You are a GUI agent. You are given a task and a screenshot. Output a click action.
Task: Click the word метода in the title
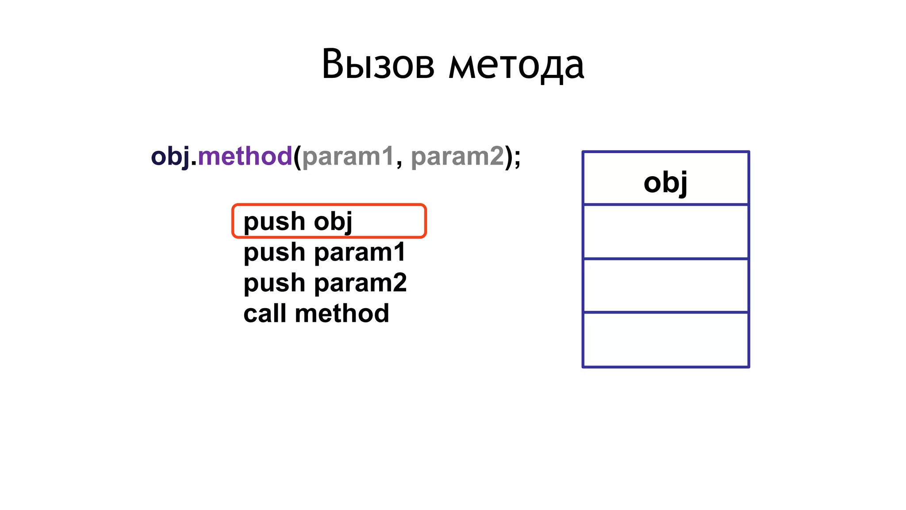pos(517,66)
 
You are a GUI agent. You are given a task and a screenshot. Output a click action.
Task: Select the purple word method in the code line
pos(245,156)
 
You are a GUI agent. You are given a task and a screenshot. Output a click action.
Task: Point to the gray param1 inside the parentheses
pos(348,156)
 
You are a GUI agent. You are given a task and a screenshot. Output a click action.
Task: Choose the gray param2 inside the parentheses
pos(457,156)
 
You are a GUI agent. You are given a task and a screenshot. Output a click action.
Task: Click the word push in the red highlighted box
pos(274,221)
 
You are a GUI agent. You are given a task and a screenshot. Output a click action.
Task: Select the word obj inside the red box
pos(333,221)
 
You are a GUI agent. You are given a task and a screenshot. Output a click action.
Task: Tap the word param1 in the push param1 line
pos(360,253)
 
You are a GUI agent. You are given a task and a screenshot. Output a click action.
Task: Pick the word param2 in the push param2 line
pos(360,283)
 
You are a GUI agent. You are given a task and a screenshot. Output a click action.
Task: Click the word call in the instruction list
pos(265,313)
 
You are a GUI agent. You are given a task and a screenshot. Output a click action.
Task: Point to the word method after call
pos(342,313)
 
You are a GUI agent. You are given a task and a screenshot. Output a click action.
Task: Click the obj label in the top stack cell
pos(665,182)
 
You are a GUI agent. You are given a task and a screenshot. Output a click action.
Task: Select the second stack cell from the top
pos(665,232)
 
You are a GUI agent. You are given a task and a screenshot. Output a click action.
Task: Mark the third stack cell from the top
pos(665,286)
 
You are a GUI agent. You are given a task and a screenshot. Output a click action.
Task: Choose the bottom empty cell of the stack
pos(665,340)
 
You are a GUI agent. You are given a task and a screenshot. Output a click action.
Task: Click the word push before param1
pos(274,253)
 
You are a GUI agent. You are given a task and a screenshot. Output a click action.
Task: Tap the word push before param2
pos(274,283)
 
